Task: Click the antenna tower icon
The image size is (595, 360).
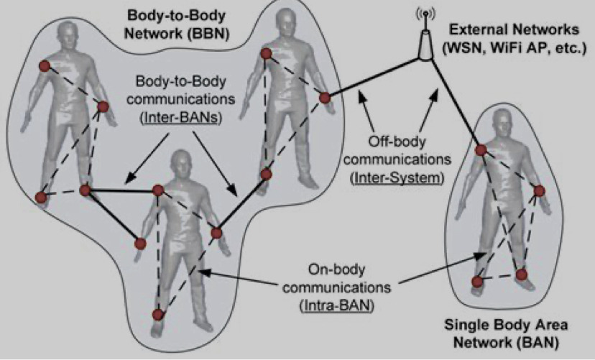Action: [425, 40]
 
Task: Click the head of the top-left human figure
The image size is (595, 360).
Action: [67, 29]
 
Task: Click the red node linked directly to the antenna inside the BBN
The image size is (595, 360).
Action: [325, 97]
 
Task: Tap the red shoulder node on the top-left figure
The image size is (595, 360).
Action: [44, 65]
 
